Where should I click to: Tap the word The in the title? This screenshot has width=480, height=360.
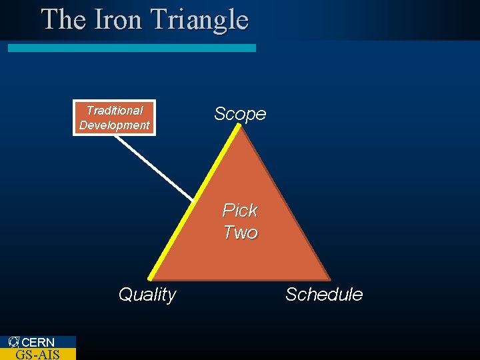(x=63, y=19)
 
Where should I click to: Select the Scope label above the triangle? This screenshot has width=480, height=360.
(x=240, y=114)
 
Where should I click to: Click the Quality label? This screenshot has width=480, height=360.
(x=147, y=295)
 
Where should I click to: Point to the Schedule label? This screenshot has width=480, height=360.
(x=324, y=295)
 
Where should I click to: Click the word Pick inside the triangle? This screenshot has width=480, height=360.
(x=240, y=211)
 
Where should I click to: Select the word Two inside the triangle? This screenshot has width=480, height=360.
(x=241, y=233)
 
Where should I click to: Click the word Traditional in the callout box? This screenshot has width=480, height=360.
(x=115, y=111)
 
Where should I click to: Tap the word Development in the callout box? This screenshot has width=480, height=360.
(x=115, y=125)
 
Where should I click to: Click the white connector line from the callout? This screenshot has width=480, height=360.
(x=163, y=171)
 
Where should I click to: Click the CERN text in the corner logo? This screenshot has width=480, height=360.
(x=39, y=343)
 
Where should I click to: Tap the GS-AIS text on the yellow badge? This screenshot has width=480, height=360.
(x=37, y=354)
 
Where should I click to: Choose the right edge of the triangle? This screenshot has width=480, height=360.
(x=285, y=203)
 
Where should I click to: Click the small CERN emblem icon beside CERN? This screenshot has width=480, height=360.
(x=14, y=343)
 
